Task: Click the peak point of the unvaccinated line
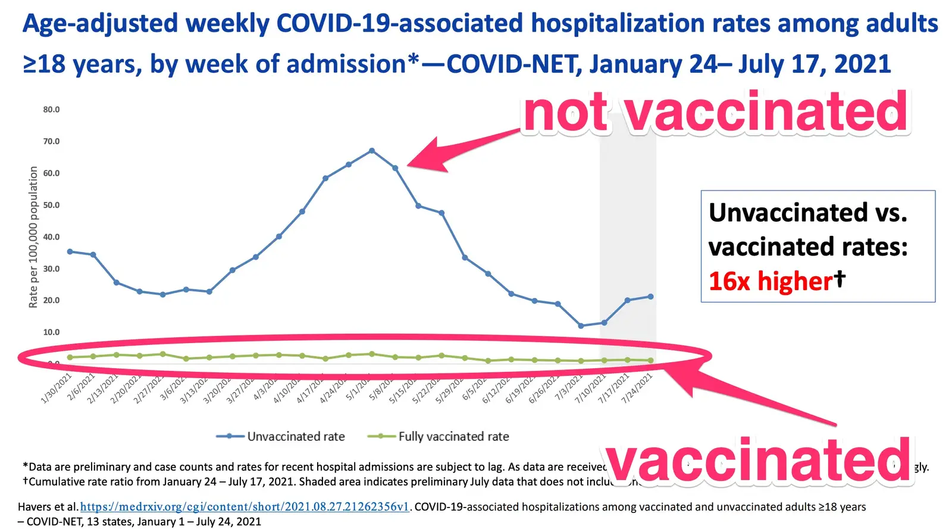pos(372,151)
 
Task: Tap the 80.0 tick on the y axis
pos(51,110)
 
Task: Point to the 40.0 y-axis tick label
pos(51,237)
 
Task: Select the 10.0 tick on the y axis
pos(51,332)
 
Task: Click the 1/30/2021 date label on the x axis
pos(57,388)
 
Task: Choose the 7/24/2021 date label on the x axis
pos(637,388)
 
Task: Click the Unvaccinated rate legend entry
pos(281,437)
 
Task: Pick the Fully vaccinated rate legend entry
pos(439,437)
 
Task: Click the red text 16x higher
pos(771,281)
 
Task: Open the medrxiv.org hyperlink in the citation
pos(245,507)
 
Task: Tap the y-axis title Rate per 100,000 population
pos(33,237)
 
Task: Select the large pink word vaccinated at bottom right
pos(759,460)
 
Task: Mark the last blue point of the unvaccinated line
pos(650,297)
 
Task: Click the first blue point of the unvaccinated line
pos(70,251)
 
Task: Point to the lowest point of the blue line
pos(581,326)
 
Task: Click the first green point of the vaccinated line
pos(70,357)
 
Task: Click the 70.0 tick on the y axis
pos(51,141)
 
